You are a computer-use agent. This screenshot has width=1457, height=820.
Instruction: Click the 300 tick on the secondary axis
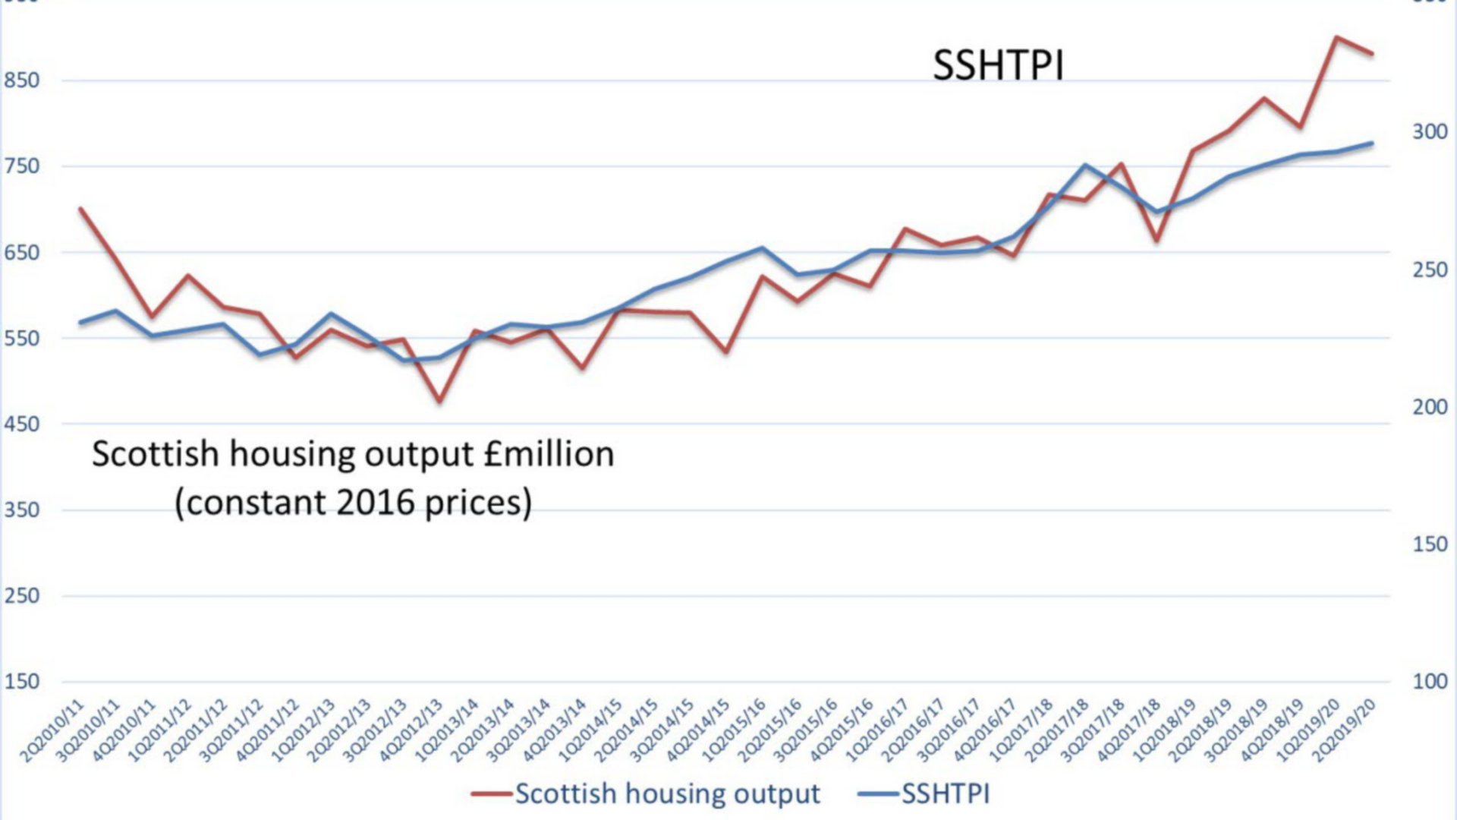coord(1430,132)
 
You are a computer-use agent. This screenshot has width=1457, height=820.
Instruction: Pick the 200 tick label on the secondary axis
coord(1430,407)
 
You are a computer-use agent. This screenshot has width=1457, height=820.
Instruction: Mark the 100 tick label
coord(1430,681)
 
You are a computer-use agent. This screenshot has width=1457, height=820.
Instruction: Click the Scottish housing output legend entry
coord(667,794)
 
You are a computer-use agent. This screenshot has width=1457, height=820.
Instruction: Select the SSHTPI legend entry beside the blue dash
coord(946,794)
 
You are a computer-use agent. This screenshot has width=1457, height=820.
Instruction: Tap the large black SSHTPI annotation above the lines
coord(998,65)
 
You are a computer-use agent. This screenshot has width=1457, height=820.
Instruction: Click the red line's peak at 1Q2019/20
coord(1336,37)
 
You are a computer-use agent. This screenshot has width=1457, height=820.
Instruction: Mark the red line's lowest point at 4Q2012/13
coord(439,400)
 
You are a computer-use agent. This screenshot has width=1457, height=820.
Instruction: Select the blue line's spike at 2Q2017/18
coord(1085,165)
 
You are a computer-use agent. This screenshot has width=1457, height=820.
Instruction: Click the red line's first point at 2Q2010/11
coord(80,208)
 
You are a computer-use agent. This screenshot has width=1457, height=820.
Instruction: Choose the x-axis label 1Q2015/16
coord(735,730)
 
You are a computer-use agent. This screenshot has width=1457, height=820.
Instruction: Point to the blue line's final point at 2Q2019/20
coord(1372,143)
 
